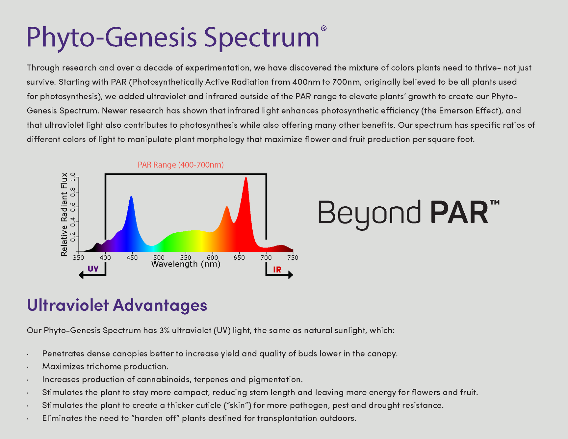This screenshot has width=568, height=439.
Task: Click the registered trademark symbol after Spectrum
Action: tap(323, 28)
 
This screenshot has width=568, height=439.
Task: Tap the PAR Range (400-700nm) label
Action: tap(181, 165)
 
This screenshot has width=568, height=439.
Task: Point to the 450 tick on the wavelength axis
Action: tap(132, 258)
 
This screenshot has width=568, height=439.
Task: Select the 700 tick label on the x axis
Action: tap(266, 258)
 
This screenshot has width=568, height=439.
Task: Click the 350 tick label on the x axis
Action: tap(78, 258)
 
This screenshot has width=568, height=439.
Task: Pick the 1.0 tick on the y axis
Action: tap(73, 178)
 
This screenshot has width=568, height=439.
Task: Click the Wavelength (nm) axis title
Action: tap(186, 264)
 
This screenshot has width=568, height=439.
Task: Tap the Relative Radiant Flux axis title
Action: tap(64, 214)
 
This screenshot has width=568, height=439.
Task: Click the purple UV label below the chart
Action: tap(93, 269)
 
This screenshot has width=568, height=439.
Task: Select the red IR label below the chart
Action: tap(277, 270)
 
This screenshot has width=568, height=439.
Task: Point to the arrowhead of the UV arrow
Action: tap(81, 275)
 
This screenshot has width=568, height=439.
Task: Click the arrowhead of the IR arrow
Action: tap(291, 275)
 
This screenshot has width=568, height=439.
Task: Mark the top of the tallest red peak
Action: tap(246, 178)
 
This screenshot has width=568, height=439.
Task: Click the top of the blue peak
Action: tap(131, 196)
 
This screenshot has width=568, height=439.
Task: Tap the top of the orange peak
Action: tap(227, 207)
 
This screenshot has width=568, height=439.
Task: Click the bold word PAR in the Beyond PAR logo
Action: tap(459, 213)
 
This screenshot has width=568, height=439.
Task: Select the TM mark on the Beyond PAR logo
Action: tap(495, 202)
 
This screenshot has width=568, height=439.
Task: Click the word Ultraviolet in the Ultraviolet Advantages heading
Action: tap(68, 305)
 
